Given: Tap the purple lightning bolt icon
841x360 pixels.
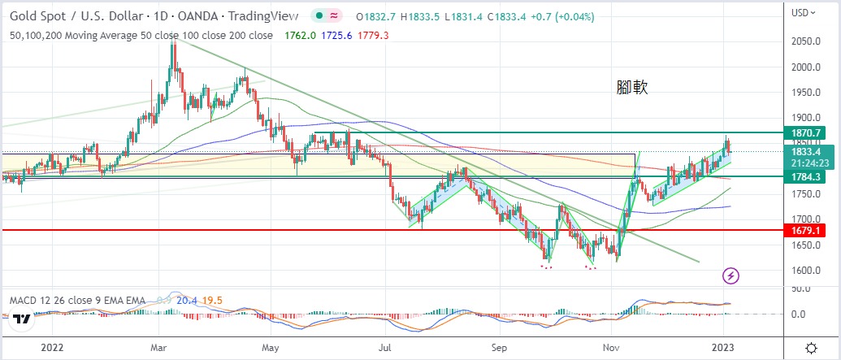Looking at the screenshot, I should pos(730,276).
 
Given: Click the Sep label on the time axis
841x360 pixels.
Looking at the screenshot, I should pos(501,345).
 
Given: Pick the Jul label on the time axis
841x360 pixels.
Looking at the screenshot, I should pos(387,345).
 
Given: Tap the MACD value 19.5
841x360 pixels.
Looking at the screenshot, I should pos(214,301).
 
